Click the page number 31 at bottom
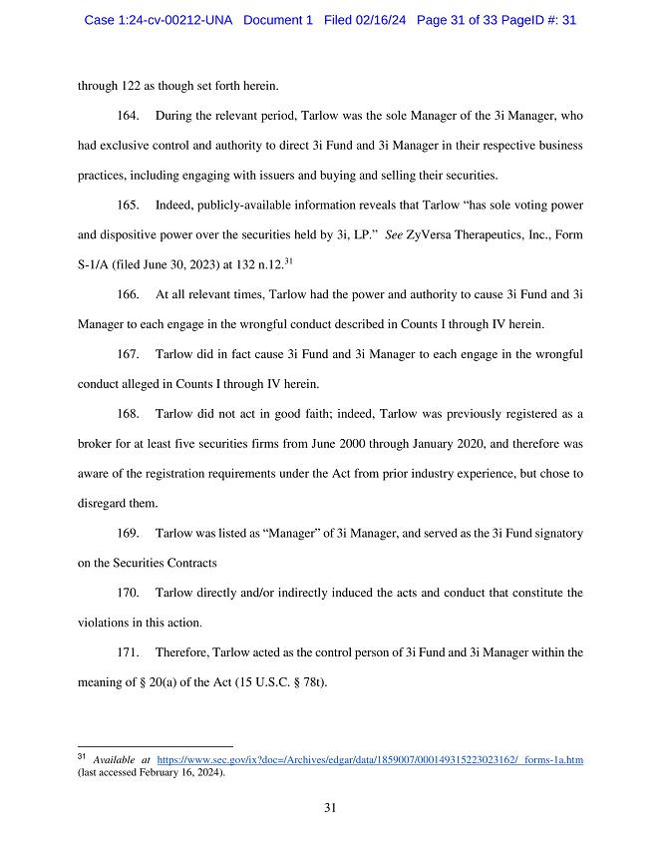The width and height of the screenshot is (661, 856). [330, 808]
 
